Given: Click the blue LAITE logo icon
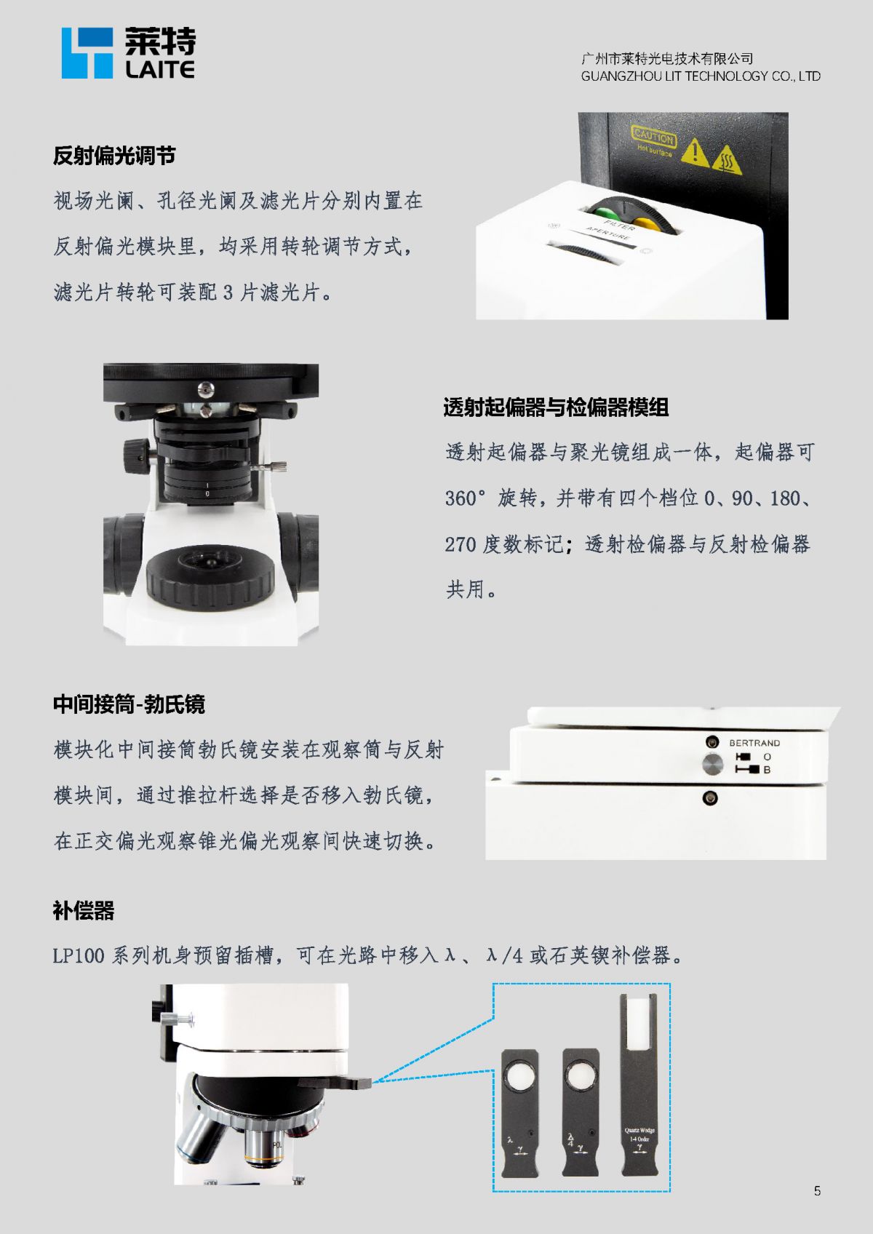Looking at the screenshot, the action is point(87,53).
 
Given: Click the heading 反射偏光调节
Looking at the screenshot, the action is point(114,156).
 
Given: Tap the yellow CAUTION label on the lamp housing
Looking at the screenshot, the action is point(654,135).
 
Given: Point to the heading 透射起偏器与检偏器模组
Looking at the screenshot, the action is point(556,407).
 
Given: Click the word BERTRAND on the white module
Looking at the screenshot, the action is point(754,743).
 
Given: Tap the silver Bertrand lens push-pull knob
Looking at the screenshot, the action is point(712,764).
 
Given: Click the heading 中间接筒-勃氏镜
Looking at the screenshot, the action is point(129,704).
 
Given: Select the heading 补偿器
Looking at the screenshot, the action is point(84,911).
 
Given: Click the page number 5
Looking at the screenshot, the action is point(818,1191).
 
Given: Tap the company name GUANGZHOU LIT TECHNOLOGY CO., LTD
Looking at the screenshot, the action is point(701,76).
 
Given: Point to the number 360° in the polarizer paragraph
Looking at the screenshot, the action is point(466,498).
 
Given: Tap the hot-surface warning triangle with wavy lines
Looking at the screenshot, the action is point(727,159).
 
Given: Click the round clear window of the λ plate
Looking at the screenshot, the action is point(520,1075).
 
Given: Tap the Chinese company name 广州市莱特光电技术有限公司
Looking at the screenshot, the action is point(667,58).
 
